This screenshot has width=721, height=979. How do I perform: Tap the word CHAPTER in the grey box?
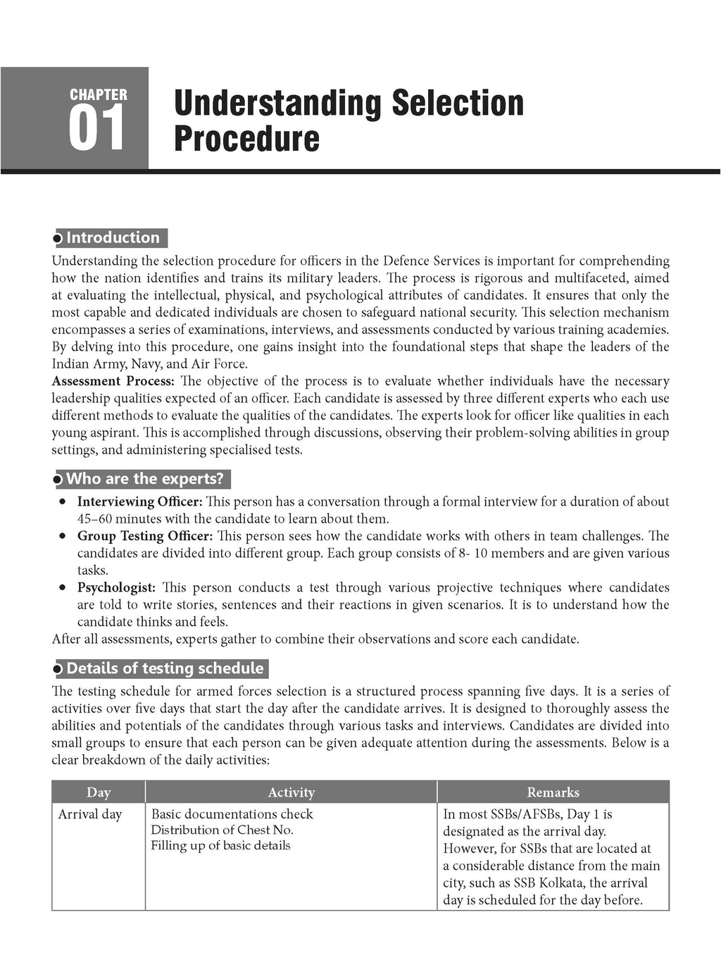[99, 94]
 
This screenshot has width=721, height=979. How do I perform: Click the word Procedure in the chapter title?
[246, 139]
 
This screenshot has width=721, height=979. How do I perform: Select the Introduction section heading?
[113, 238]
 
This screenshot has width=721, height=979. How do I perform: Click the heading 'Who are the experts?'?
[144, 480]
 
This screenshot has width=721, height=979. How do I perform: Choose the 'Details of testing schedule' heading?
[165, 669]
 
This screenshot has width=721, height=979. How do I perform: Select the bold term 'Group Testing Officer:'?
[144, 537]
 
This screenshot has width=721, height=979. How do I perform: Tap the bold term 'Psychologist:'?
[116, 588]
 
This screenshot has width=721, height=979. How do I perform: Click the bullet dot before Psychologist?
[63, 587]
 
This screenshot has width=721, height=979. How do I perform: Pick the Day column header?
[99, 792]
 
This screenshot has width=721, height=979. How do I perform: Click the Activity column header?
[291, 792]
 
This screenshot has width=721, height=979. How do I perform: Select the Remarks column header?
[553, 792]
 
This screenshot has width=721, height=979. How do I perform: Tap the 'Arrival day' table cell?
[90, 815]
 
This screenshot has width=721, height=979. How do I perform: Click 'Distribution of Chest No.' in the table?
[222, 830]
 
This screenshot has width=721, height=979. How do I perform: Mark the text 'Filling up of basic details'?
[220, 846]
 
